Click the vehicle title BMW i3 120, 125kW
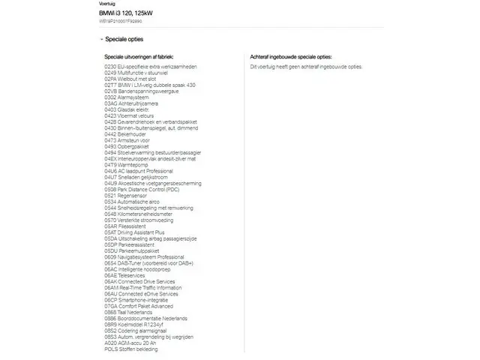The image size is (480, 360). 124,14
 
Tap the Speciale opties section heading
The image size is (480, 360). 124,40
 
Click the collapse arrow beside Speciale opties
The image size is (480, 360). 101,40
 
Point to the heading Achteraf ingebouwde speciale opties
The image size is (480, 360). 291,57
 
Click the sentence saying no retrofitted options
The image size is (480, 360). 306,67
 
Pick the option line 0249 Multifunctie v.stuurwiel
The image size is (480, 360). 139,73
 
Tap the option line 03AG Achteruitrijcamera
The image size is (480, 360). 131,103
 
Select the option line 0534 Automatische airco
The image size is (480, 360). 132,201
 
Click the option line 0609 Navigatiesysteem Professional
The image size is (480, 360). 144,256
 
